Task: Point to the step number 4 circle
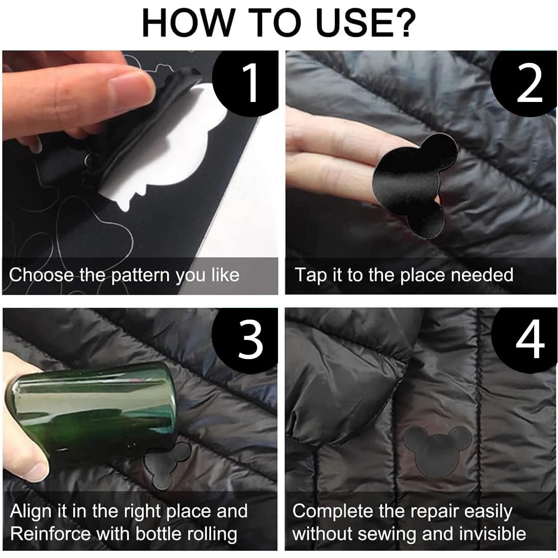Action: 529,337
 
